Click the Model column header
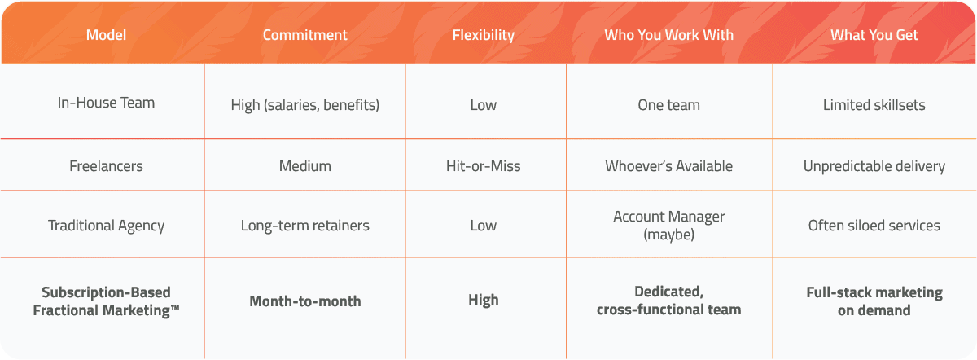pos(106,35)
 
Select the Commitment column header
pos(304,35)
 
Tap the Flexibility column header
pos(484,35)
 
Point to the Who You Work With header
pos(668,35)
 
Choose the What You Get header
pos(874,35)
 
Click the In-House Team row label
pos(106,103)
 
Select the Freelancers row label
pos(106,166)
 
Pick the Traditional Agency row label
pos(106,226)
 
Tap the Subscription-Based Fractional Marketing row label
pos(106,301)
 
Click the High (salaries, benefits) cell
pos(304,105)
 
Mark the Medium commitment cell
pos(304,166)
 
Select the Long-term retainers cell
pos(304,226)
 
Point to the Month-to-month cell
pos(304,301)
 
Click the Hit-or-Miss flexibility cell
pos(484,166)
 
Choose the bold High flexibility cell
pos(484,301)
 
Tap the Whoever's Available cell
pos(668,166)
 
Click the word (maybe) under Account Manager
pos(668,235)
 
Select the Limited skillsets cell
pos(874,105)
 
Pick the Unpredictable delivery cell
pos(874,166)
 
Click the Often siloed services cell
pos(874,226)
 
